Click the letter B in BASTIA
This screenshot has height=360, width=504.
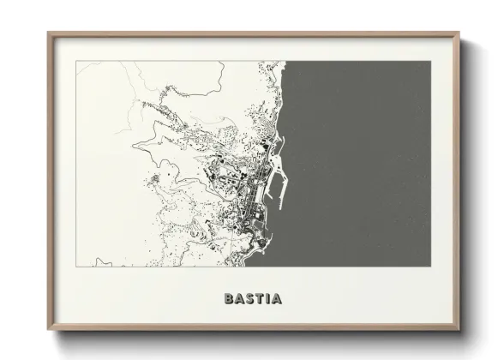coord(227,300)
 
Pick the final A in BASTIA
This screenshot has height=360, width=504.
coord(279,300)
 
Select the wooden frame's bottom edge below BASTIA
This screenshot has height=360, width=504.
coord(253,328)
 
